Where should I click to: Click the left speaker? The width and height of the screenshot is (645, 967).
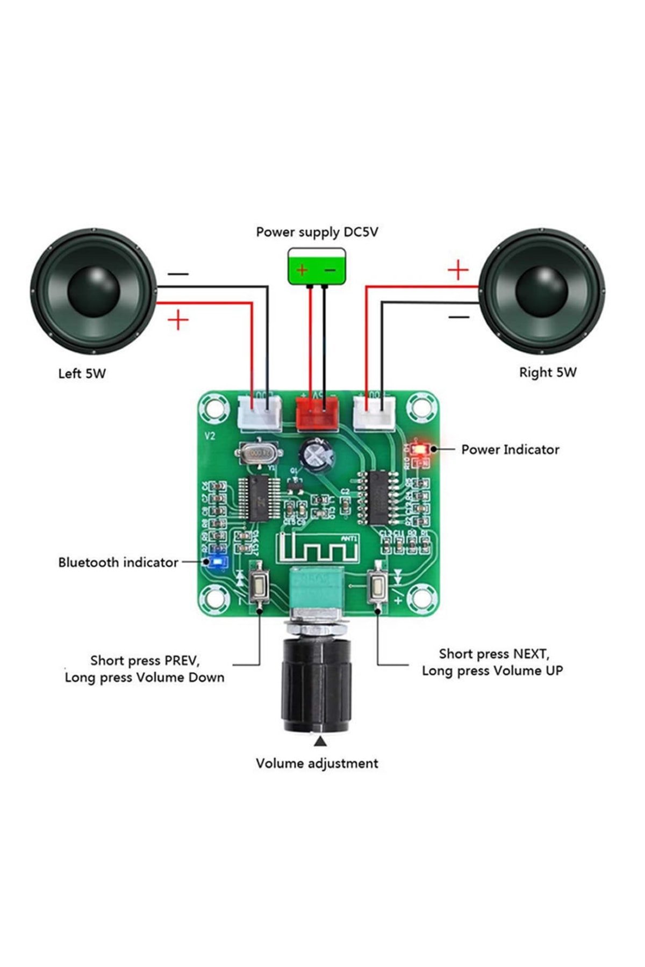tap(94, 291)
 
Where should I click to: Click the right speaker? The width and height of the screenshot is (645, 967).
tap(542, 291)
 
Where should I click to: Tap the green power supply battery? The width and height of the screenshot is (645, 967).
tap(317, 266)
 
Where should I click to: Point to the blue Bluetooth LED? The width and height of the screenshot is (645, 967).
tap(218, 562)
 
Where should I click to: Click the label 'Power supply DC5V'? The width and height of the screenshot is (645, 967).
tap(317, 232)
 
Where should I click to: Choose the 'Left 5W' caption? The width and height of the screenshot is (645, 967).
tap(82, 373)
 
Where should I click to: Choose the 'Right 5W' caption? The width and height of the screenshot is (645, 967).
tap(548, 372)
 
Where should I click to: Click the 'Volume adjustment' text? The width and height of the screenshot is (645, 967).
tap(317, 763)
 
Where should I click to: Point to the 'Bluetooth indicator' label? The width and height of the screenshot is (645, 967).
tap(118, 562)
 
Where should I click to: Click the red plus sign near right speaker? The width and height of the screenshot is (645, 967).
tap(458, 270)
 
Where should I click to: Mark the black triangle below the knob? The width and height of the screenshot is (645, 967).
tap(320, 742)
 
